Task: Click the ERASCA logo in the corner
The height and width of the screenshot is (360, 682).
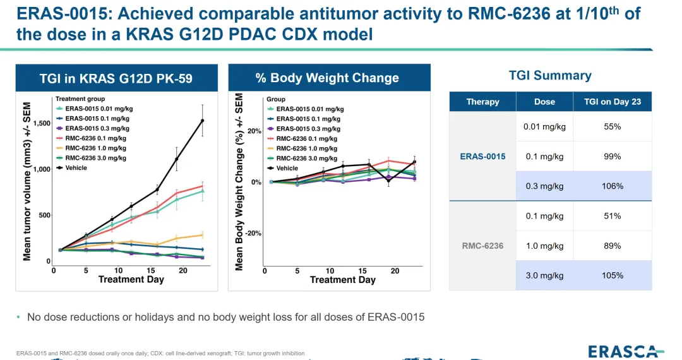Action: [x=625, y=351]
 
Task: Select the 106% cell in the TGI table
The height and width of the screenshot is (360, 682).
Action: [x=612, y=186]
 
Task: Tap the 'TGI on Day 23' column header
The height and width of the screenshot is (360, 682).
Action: [x=612, y=102]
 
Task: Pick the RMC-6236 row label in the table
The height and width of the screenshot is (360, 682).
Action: [x=482, y=246]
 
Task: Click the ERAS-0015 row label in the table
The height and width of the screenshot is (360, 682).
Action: [x=482, y=157]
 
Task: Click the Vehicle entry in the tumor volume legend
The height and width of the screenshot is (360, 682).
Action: [x=76, y=168]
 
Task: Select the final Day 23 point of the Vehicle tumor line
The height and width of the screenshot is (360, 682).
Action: [x=203, y=121]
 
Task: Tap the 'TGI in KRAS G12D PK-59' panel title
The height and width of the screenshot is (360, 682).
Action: [x=116, y=78]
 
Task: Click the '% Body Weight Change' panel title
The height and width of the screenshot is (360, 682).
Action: [x=327, y=78]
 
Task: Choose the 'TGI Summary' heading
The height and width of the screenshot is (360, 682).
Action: [x=550, y=76]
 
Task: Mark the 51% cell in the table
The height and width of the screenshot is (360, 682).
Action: [x=612, y=216]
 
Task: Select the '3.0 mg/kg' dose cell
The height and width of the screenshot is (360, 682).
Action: [x=544, y=275]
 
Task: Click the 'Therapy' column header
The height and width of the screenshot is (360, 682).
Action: [x=482, y=102]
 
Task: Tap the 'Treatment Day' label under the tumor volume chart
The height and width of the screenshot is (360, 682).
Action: [x=131, y=279]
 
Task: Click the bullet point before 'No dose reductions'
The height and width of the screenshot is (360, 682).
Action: [x=18, y=317]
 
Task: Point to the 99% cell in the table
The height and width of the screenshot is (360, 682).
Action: [x=612, y=157]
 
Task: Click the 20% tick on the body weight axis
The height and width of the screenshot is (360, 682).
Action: [x=254, y=131]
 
